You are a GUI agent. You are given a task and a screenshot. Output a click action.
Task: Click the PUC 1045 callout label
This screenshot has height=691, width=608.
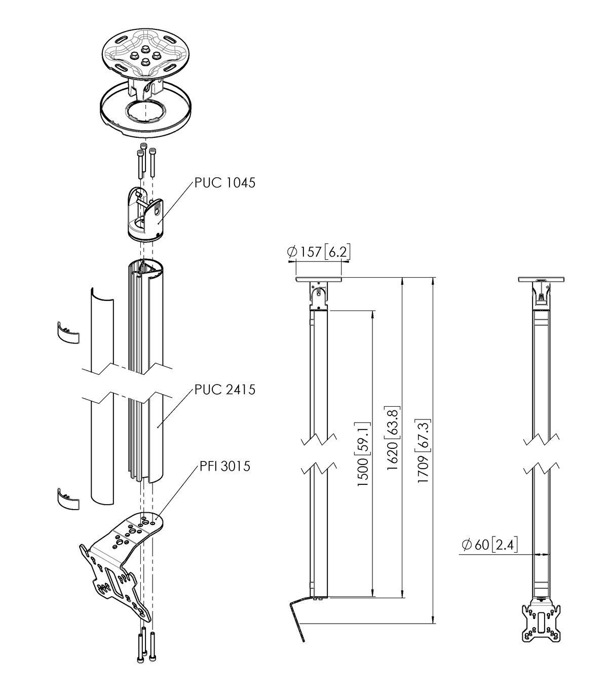coord(225,182)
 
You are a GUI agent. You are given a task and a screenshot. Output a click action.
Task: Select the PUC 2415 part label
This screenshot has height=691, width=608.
coord(225,390)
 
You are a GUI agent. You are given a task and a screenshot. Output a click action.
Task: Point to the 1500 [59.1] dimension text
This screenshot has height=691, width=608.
coord(363,453)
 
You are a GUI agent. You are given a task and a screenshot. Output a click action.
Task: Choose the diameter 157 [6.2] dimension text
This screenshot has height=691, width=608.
coord(319,252)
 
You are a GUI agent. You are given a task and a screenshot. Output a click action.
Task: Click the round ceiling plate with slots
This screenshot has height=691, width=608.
coord(145,51)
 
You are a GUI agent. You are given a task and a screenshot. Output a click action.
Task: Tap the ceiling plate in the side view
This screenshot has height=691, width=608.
coord(318,279)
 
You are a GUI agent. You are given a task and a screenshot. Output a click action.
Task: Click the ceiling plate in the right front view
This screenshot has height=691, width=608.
coord(542,279)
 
